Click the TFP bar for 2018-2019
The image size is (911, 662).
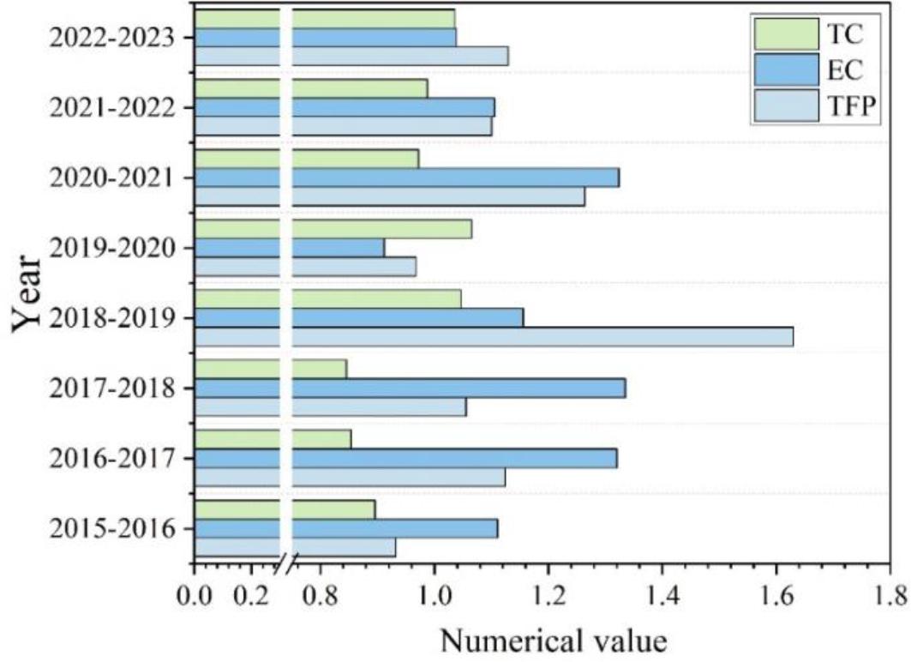tap(540, 337)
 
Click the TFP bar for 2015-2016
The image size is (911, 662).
tap(343, 547)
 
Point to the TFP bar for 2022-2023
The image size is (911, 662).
tap(394, 56)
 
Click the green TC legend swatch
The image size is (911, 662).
tap(782, 33)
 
